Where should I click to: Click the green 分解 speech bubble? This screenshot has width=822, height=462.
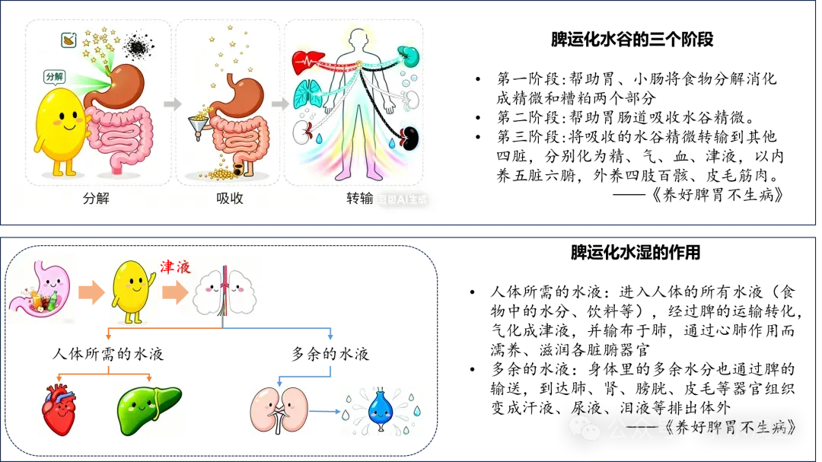pyautogui.click(x=55, y=77)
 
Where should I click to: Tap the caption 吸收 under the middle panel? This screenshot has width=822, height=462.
pyautogui.click(x=229, y=199)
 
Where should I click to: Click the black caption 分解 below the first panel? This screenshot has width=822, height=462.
pyautogui.click(x=97, y=199)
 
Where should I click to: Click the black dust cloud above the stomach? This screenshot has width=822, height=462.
pyautogui.click(x=137, y=47)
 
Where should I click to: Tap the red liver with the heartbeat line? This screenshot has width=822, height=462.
pyautogui.click(x=308, y=61)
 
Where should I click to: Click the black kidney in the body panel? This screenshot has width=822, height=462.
pyautogui.click(x=410, y=138)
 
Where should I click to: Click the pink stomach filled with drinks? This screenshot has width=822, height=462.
pyautogui.click(x=41, y=290)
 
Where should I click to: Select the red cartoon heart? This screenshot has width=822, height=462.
pyautogui.click(x=61, y=408)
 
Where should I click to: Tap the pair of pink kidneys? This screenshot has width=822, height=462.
pyautogui.click(x=280, y=410)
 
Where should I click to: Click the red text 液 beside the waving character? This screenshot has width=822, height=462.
pyautogui.click(x=183, y=267)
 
